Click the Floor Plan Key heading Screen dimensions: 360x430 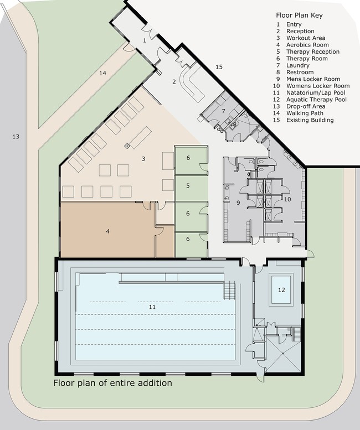tap(299, 15)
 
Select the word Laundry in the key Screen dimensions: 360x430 tap(298, 65)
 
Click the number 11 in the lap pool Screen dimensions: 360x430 tap(152, 307)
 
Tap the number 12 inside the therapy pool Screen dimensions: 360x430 tap(281, 290)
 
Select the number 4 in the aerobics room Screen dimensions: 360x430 tap(108, 231)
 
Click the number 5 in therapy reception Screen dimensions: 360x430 tap(188, 185)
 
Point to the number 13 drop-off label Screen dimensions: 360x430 tap(16, 137)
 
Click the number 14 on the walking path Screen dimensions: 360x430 tap(102, 73)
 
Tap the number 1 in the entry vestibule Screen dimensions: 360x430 tap(145, 40)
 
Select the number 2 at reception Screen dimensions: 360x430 tap(174, 81)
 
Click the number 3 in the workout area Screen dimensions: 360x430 tap(143, 159)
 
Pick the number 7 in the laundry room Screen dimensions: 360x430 tap(224, 111)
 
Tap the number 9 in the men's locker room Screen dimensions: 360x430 tap(238, 203)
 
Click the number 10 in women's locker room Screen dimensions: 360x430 tap(287, 199)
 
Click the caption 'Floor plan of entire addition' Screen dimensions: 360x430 tap(112, 383)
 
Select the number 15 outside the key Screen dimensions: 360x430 tap(219, 67)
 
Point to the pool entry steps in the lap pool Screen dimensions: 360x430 tap(230, 290)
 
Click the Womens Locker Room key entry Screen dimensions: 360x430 tap(311, 86)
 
